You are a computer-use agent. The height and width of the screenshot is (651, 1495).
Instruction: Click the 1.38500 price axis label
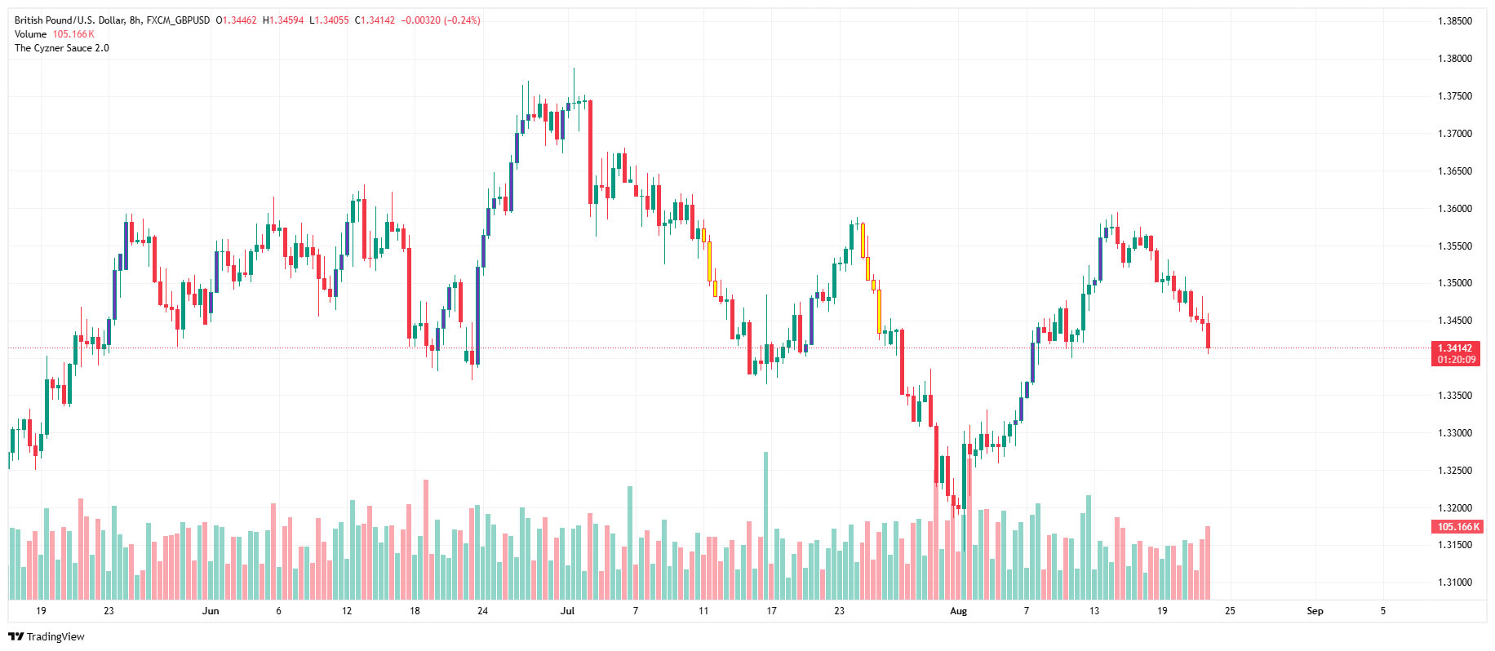coord(1454,21)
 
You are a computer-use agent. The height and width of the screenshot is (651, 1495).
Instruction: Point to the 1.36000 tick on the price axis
coord(1454,209)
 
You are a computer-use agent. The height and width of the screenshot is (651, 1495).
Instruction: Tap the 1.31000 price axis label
coord(1454,582)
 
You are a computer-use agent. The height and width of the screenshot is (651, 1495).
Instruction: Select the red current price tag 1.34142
coord(1456,348)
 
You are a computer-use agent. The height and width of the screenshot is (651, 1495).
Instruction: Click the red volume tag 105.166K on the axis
coord(1457,527)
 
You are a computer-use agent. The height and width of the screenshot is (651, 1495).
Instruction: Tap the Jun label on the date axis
coord(211,611)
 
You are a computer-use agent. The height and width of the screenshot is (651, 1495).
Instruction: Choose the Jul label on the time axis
coord(567,611)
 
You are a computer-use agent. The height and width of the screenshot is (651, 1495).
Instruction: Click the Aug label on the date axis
coord(958,611)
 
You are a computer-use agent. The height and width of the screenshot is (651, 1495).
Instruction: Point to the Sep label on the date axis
coord(1314,611)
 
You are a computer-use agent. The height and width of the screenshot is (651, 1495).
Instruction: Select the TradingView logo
coord(47,636)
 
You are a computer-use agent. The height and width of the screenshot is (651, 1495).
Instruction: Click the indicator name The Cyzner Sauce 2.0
coord(62,48)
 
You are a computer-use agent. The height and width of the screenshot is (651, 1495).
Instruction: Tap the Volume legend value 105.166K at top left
coord(73,34)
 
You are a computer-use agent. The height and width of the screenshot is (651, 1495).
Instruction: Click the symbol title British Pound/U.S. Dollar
coord(69,20)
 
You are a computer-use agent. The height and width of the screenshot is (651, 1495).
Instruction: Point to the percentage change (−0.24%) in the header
coord(462,20)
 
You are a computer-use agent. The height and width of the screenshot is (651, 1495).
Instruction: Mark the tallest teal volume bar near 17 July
coord(765,522)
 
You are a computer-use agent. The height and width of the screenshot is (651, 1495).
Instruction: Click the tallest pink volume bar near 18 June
coord(426,538)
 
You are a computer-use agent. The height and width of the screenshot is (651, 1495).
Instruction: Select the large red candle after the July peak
coord(590,151)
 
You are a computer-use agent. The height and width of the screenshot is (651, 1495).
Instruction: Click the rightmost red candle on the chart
coord(1208,334)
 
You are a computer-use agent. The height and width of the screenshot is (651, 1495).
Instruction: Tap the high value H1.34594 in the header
coord(283,20)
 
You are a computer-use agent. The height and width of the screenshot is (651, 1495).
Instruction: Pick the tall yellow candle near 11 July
coord(709,261)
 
